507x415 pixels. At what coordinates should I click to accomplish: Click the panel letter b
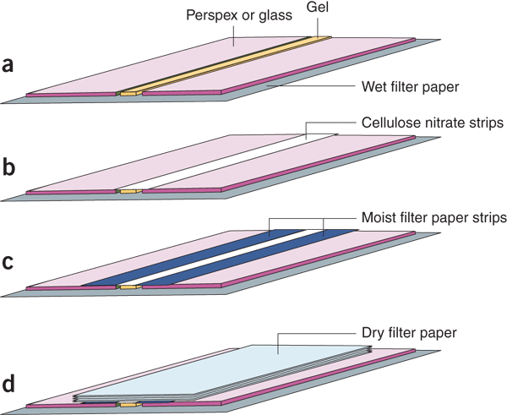click(9, 167)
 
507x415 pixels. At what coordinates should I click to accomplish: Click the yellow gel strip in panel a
click(228, 63)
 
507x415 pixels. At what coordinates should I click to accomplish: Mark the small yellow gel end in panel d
click(128, 406)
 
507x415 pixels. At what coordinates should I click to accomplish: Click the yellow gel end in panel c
click(128, 287)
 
